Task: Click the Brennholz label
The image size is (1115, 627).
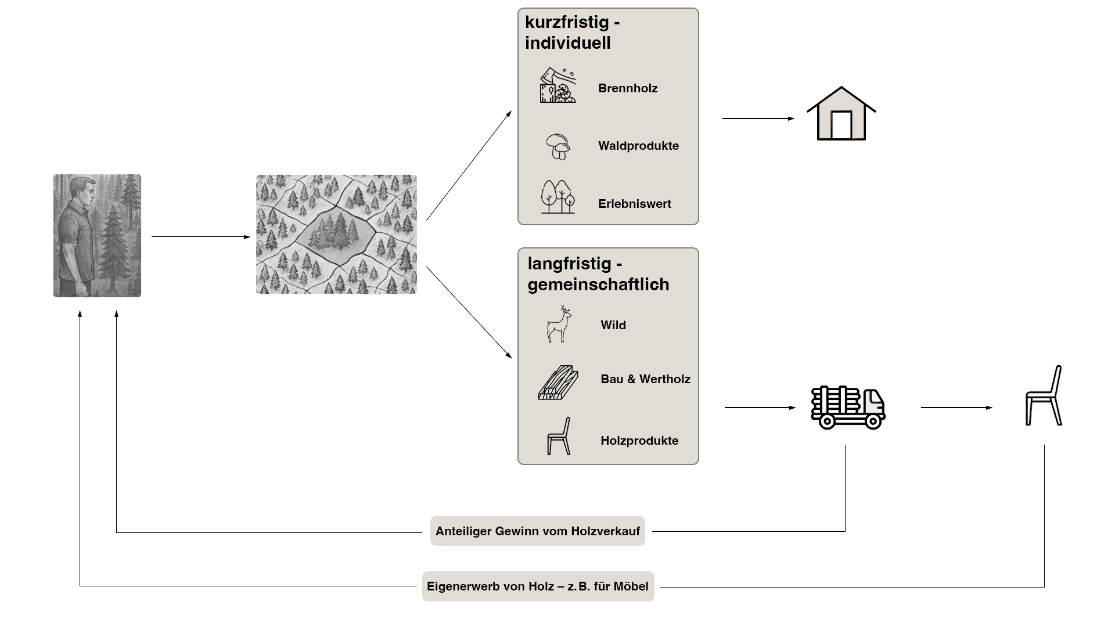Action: [x=628, y=88]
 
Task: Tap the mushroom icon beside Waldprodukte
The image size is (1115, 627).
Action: [x=559, y=146]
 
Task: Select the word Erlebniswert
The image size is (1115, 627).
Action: [x=634, y=204]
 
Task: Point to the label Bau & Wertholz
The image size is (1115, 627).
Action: [x=645, y=379]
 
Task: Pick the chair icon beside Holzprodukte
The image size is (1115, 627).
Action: [x=559, y=436]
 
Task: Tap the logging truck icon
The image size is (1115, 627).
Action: [x=848, y=407]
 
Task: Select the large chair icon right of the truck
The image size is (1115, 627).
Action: [x=1044, y=396]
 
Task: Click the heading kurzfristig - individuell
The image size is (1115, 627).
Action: [x=572, y=33]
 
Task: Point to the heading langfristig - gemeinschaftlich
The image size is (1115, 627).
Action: [x=598, y=274]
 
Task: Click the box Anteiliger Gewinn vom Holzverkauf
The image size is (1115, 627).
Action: [x=537, y=531]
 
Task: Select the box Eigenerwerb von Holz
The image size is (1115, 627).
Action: [x=538, y=586]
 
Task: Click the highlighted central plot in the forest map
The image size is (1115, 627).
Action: [x=335, y=233]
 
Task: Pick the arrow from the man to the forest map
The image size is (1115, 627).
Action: [x=200, y=237]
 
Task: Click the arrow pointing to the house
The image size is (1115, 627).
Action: [x=758, y=118]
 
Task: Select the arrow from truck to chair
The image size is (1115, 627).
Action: [x=956, y=408]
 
